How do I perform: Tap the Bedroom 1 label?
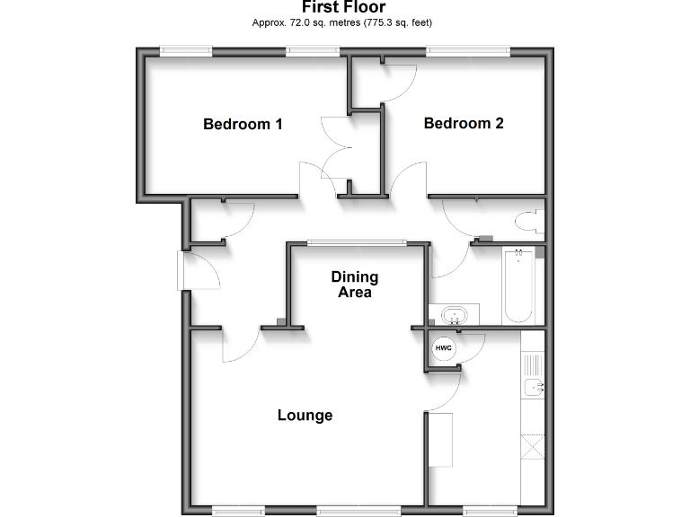243,124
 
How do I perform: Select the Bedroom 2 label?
464,123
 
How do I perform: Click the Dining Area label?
354,285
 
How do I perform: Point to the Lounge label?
305,415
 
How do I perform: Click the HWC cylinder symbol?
444,348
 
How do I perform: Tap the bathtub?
518,285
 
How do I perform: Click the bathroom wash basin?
455,316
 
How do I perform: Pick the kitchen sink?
535,388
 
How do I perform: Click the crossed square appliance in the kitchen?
532,446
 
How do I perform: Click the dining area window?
355,241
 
